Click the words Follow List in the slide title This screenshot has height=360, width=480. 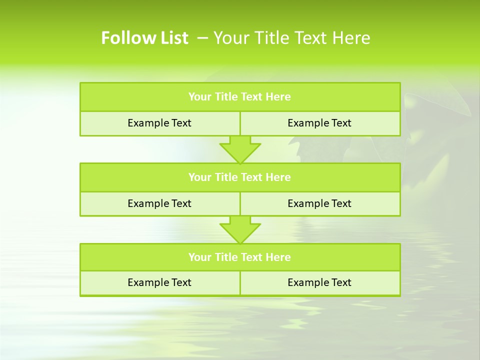(144, 38)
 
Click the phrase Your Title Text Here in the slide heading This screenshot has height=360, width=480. (292, 38)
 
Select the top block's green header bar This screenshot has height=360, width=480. (240, 97)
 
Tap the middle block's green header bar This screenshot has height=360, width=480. (240, 177)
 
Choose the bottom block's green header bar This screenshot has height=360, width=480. (240, 257)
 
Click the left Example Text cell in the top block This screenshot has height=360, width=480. (159, 123)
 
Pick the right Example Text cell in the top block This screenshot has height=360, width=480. (319, 123)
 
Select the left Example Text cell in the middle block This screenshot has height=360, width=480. (159, 203)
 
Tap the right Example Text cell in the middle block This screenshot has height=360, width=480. (319, 203)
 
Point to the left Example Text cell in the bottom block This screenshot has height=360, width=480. (159, 282)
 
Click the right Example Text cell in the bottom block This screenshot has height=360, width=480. (319, 282)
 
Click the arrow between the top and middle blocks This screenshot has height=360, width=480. (240, 149)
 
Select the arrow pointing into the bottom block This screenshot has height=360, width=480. (240, 229)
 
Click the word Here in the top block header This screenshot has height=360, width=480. (278, 97)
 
